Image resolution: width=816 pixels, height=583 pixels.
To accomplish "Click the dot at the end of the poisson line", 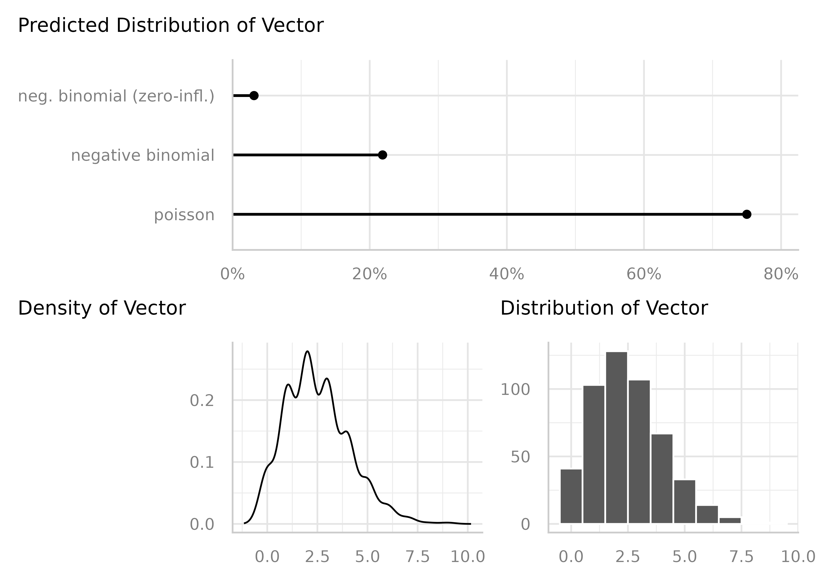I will [x=746, y=214].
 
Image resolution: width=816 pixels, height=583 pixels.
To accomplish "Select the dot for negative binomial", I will [x=383, y=155].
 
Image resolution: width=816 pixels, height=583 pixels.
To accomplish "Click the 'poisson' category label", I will [x=184, y=215].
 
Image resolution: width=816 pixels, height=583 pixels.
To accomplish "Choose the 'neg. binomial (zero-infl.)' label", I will [x=116, y=96].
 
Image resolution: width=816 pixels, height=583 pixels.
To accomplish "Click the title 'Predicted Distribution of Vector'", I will [x=171, y=26].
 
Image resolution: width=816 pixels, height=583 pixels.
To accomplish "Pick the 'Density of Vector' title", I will [x=102, y=308].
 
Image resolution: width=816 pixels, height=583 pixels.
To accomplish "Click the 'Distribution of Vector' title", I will [x=604, y=308].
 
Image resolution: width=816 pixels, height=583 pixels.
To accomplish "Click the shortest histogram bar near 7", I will [x=730, y=521].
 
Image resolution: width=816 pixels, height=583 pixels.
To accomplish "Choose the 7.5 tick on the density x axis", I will [x=418, y=557].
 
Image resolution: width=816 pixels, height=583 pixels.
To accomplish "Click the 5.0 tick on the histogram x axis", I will [x=684, y=557].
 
